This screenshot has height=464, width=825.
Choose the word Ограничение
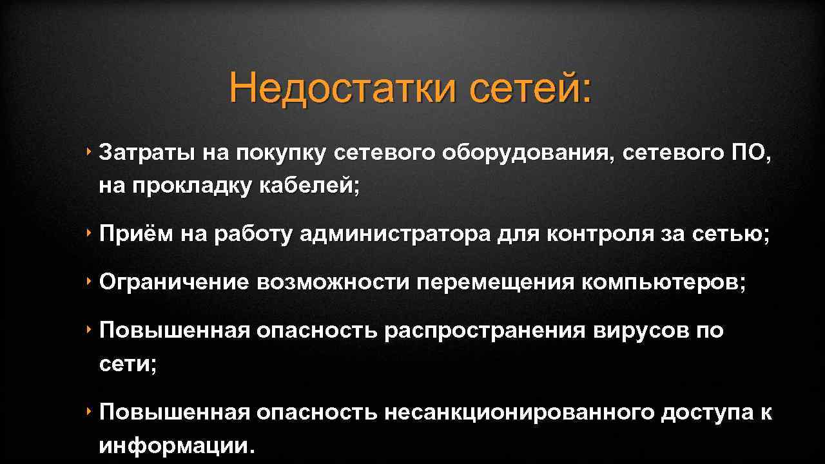point(174,283)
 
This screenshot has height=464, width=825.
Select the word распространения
point(485,331)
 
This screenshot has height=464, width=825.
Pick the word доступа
point(704,412)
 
